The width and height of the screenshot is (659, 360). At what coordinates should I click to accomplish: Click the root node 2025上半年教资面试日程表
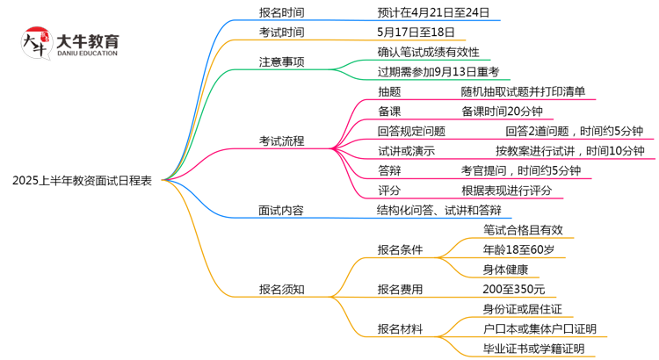[82, 181]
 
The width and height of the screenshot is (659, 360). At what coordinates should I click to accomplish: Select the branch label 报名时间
[281, 12]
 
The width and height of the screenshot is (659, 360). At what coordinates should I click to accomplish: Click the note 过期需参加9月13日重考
[438, 72]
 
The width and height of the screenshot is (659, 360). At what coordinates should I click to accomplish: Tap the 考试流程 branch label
[281, 140]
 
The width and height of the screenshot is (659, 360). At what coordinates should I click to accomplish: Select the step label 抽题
[389, 91]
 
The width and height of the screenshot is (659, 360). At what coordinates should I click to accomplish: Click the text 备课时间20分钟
[502, 111]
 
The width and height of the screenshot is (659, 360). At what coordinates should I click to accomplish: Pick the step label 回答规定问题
[411, 131]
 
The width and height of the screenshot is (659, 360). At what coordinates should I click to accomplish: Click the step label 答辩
[389, 170]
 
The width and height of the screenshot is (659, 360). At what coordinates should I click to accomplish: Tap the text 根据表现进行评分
[507, 190]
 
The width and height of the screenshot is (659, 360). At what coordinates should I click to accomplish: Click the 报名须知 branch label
[281, 289]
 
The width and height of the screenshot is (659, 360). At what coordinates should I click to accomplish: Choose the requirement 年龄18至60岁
[518, 249]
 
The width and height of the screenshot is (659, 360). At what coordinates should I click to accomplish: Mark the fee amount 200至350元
[513, 289]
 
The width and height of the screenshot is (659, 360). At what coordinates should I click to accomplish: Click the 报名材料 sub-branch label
[400, 328]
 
